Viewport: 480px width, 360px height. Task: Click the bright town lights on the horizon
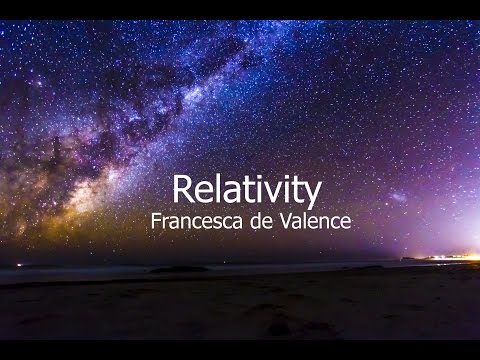pyautogui.click(x=440, y=257)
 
